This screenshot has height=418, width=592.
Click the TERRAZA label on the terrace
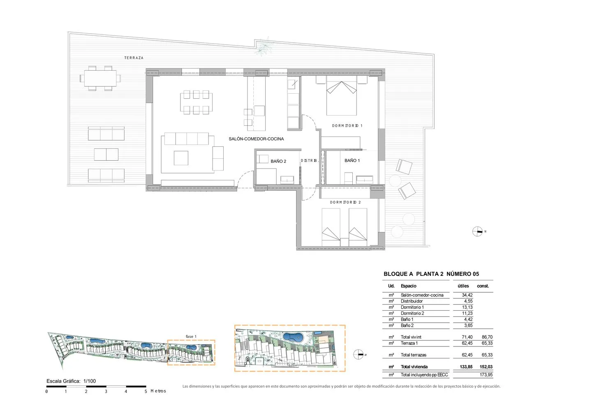[x=134, y=58]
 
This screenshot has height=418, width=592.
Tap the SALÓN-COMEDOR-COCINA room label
[x=256, y=139]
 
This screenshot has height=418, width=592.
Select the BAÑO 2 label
[x=278, y=161]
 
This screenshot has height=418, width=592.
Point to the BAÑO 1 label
[x=352, y=160]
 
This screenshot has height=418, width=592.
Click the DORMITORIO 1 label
[x=347, y=126]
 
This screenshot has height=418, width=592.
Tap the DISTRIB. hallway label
[x=310, y=160]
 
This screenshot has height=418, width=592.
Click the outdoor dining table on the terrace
[x=100, y=78]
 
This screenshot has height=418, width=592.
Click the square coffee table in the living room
[x=181, y=158]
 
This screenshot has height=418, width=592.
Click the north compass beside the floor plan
[x=477, y=231]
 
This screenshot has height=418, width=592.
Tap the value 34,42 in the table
[x=467, y=295]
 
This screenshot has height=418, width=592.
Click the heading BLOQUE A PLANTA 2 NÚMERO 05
[x=431, y=274]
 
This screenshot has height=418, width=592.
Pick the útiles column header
[x=463, y=286]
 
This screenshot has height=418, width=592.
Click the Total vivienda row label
[x=414, y=367]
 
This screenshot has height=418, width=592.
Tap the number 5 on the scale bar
[x=146, y=391]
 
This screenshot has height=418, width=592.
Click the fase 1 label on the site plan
[x=191, y=336]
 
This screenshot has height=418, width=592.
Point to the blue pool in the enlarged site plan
[x=293, y=337]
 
